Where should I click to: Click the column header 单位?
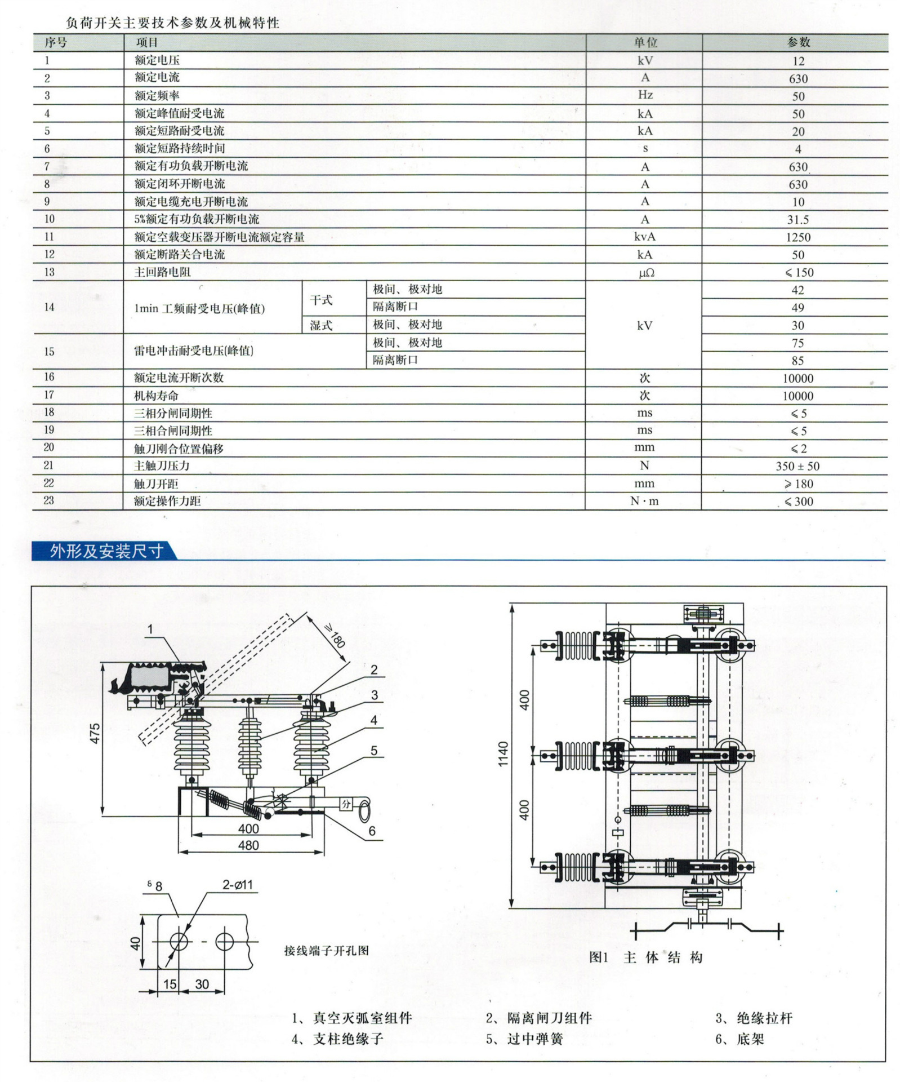645,42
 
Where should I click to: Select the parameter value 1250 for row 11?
797,237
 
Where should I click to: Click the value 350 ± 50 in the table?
797,466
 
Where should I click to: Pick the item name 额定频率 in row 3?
157,95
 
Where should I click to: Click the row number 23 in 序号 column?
48,500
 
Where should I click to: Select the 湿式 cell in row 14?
321,325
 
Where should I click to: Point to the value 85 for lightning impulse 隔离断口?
797,361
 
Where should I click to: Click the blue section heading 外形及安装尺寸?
106,551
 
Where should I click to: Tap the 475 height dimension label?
95,733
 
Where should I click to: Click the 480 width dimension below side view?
248,845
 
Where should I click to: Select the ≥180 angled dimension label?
335,636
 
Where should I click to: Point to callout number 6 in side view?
372,831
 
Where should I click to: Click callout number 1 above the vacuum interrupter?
150,629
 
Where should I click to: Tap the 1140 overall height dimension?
503,753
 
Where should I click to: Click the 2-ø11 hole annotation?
238,885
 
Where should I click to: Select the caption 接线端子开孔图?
326,951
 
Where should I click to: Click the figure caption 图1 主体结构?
645,957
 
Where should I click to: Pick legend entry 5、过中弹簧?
524,1039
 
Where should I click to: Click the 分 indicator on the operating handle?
346,805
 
